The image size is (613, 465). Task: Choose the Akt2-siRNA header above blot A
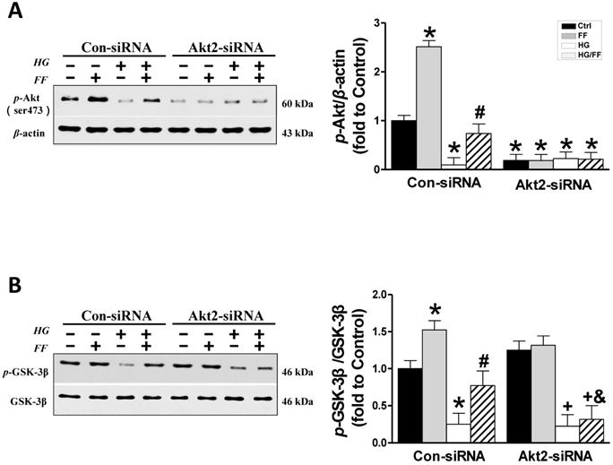(220, 47)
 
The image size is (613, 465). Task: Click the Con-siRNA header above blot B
(115, 314)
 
